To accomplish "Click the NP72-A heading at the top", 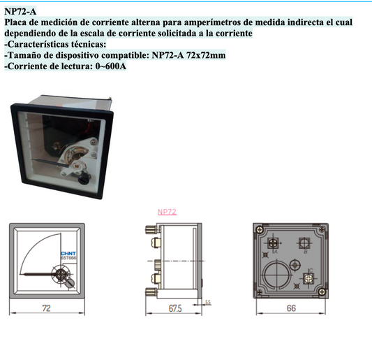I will (x=20, y=10).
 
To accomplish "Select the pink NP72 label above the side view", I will (x=167, y=211).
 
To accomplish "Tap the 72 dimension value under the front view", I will (x=46, y=308).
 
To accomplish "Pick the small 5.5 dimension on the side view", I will (x=208, y=301).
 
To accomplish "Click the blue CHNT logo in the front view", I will (x=68, y=252).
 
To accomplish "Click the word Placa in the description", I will (x=18, y=22).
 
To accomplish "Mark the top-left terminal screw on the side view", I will (x=149, y=231).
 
